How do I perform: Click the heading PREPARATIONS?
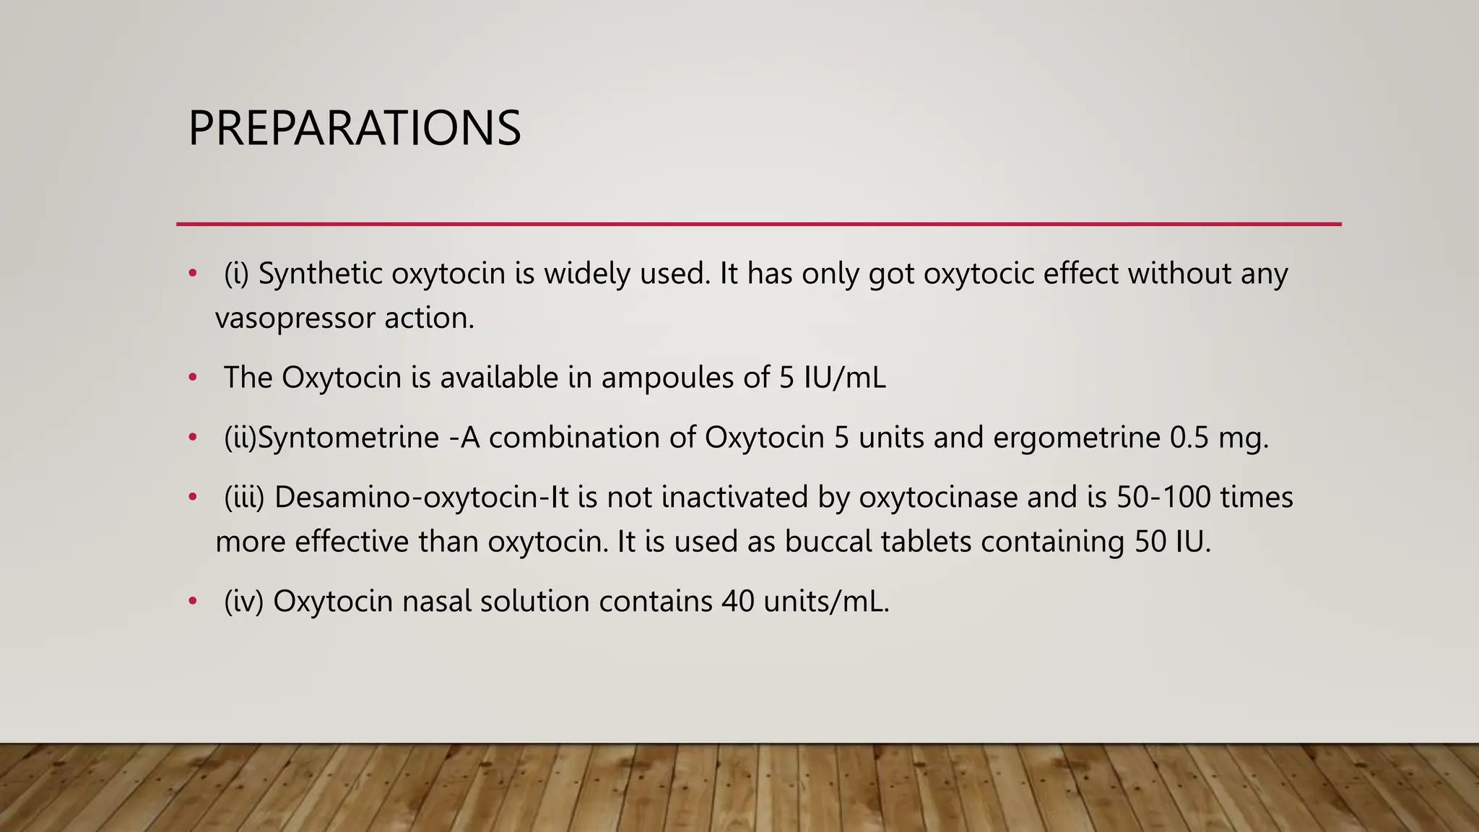(x=354, y=129)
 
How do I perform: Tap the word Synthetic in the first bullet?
(x=320, y=274)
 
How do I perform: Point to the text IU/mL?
(x=844, y=378)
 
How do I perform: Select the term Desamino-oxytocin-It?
(x=422, y=498)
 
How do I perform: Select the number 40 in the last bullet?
(x=737, y=602)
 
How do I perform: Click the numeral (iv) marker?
(x=243, y=602)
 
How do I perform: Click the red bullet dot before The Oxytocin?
(x=192, y=378)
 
